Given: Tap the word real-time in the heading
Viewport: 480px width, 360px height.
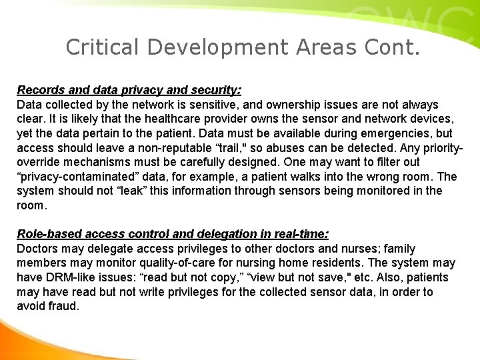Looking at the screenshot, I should tap(299, 234).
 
